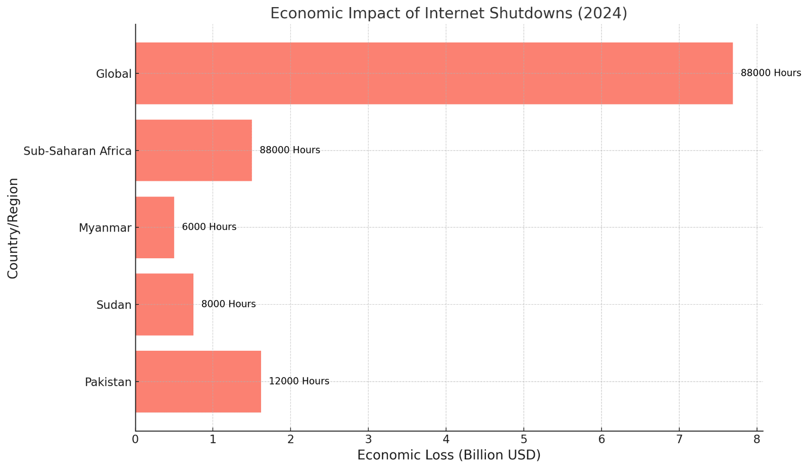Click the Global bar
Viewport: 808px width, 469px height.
coord(434,73)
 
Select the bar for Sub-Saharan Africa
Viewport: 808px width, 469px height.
coord(193,150)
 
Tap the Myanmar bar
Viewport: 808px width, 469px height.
coord(155,227)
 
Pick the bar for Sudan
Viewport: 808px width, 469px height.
coord(164,304)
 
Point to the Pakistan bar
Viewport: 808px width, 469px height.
coord(198,382)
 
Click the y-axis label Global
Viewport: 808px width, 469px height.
coord(114,74)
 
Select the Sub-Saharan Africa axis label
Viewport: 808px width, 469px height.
coord(77,151)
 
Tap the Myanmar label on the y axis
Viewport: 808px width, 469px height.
coord(105,228)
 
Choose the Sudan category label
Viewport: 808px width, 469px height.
coord(114,305)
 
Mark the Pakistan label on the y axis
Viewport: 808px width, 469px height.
coord(108,382)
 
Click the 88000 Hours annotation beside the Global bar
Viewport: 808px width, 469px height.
coord(771,73)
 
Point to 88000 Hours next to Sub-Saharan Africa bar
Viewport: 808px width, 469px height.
coord(290,150)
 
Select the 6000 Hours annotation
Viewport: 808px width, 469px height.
coord(209,227)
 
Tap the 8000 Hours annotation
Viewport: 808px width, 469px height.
coord(228,304)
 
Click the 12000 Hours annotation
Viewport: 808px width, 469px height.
coord(299,381)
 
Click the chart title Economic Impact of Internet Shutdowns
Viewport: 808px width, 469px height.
coord(448,13)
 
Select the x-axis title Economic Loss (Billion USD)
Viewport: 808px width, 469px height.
coord(448,455)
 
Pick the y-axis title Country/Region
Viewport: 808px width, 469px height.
coord(13,228)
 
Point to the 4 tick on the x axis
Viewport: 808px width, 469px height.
coord(446,440)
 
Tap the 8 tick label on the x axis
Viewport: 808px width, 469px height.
coord(756,440)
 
